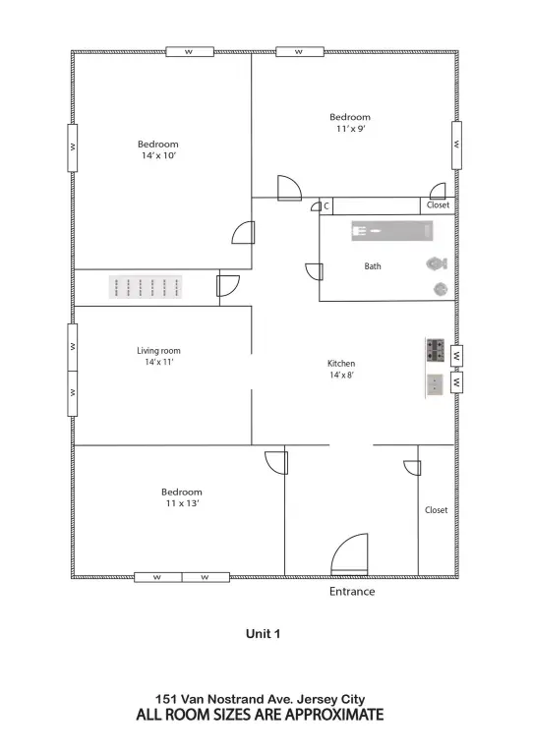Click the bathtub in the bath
pyautogui.click(x=392, y=231)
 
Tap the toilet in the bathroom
pyautogui.click(x=437, y=263)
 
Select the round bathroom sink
pyautogui.click(x=441, y=289)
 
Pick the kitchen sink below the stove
pyautogui.click(x=436, y=383)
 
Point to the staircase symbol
pyautogui.click(x=147, y=287)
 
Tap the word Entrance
pyautogui.click(x=351, y=592)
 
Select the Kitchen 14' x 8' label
pyautogui.click(x=341, y=369)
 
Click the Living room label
pyautogui.click(x=158, y=356)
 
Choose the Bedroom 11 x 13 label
pyautogui.click(x=182, y=497)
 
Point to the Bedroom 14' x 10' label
pyautogui.click(x=158, y=149)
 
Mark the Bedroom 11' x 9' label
pyautogui.click(x=350, y=122)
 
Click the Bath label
pyautogui.click(x=373, y=266)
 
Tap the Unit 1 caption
pyautogui.click(x=264, y=634)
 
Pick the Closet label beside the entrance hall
pyautogui.click(x=436, y=510)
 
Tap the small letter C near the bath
pyautogui.click(x=326, y=206)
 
